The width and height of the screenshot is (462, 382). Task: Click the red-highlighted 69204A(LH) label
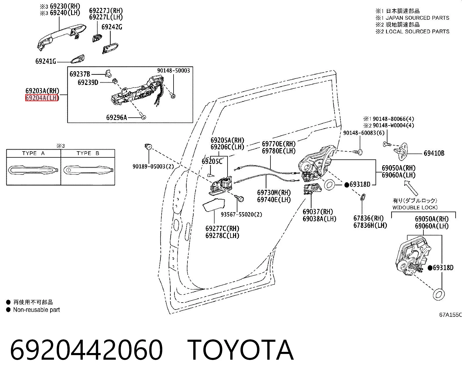tap(42, 98)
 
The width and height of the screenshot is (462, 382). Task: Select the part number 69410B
tap(434, 153)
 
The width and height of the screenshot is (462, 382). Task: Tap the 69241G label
tap(46, 61)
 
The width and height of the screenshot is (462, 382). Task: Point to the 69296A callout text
tap(117, 117)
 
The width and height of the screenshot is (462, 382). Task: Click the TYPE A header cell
tap(33, 153)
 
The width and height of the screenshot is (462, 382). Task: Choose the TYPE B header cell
tap(88, 153)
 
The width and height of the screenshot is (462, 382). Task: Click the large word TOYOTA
tap(241, 350)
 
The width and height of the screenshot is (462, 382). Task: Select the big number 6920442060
tap(86, 350)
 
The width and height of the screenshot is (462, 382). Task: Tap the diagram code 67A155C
tap(450, 315)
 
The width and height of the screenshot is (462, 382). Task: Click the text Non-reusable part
tap(37, 310)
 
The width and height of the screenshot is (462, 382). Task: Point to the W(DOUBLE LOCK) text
tap(415, 208)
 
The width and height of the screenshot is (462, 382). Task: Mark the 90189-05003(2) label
tap(153, 166)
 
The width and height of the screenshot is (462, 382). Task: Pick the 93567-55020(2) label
tap(241, 214)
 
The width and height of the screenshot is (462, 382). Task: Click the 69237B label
tap(80, 74)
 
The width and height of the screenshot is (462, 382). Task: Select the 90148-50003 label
tap(174, 70)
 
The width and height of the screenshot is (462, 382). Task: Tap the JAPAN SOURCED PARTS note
tap(417, 18)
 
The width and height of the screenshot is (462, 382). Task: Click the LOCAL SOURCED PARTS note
tap(417, 32)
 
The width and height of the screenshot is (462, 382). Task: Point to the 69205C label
tap(212, 161)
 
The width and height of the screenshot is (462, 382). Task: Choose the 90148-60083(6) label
tap(364, 133)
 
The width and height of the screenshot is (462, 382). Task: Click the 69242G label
tap(112, 27)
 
